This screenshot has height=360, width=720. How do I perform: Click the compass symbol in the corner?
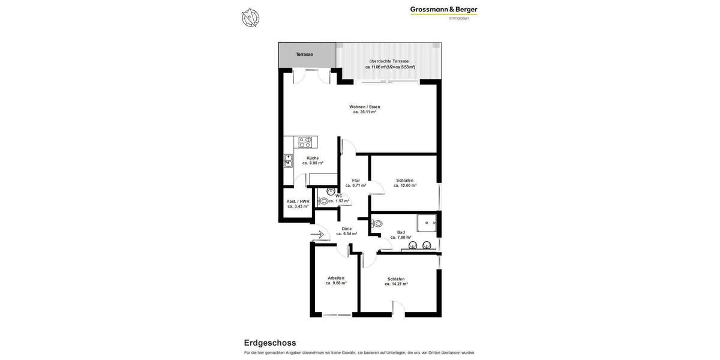pos(250,17)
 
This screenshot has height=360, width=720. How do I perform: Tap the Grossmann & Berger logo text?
pos(443,10)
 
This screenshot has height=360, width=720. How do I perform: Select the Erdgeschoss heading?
pos(269,343)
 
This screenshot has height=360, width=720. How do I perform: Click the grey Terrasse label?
pos(304,55)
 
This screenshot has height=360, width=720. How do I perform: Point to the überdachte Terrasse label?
pos(389,64)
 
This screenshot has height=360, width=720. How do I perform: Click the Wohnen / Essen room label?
pos(365,109)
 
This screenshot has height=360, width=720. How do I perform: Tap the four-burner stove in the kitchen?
pos(305,142)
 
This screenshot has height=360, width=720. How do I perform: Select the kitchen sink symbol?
pos(288,161)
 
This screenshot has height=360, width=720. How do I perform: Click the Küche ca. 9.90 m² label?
pos(313,160)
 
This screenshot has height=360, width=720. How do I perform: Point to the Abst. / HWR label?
pos(298,204)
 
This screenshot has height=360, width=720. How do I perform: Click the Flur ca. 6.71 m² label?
pos(356,183)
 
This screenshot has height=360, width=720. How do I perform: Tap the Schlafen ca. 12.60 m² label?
pos(405,183)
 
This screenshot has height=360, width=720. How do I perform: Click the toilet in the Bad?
pos(377,224)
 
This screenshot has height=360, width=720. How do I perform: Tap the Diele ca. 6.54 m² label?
pos(347,231)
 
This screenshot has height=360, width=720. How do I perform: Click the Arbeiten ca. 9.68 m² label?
pos(336,280)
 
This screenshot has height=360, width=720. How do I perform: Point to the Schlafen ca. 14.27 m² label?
pos(396,281)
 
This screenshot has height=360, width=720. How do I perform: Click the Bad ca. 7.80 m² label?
pos(401,235)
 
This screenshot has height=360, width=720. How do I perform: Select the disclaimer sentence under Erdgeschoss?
pos(359,353)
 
